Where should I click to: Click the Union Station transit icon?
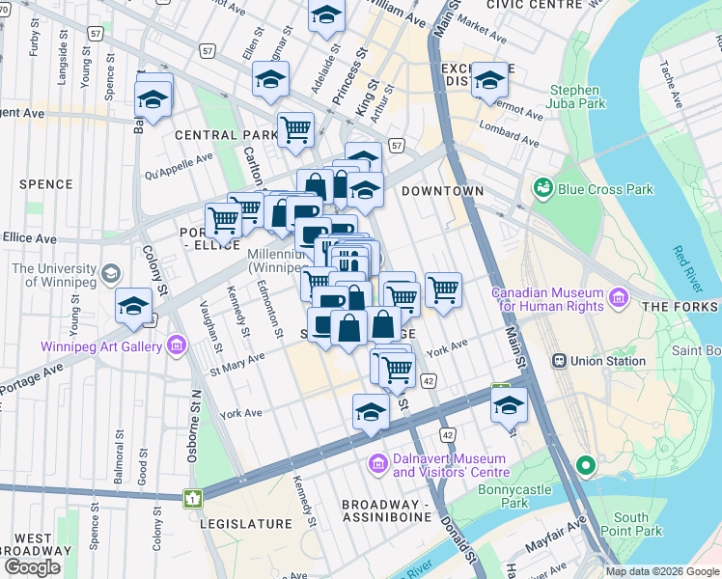coord(558,361)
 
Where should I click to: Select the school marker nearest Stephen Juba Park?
coord(489,81)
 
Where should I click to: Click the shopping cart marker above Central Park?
coord(296,128)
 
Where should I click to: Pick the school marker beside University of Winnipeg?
coord(133,308)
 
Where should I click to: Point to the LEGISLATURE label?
coord(244,524)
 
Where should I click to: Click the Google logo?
coord(32,567)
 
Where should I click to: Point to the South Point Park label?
coord(637,524)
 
